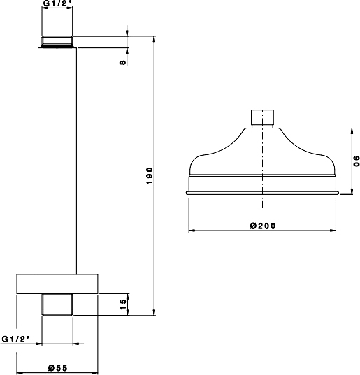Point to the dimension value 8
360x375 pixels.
coord(123,63)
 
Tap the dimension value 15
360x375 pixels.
coord(123,304)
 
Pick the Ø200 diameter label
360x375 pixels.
coord(263,226)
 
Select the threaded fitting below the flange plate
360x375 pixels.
coord(58,305)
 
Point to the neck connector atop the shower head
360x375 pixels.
coord(263,118)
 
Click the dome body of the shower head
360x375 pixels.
coord(263,157)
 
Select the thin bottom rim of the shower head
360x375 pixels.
coord(263,191)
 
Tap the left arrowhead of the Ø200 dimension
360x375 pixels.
coord(190,230)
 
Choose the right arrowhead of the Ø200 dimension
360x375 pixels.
coord(336,230)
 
